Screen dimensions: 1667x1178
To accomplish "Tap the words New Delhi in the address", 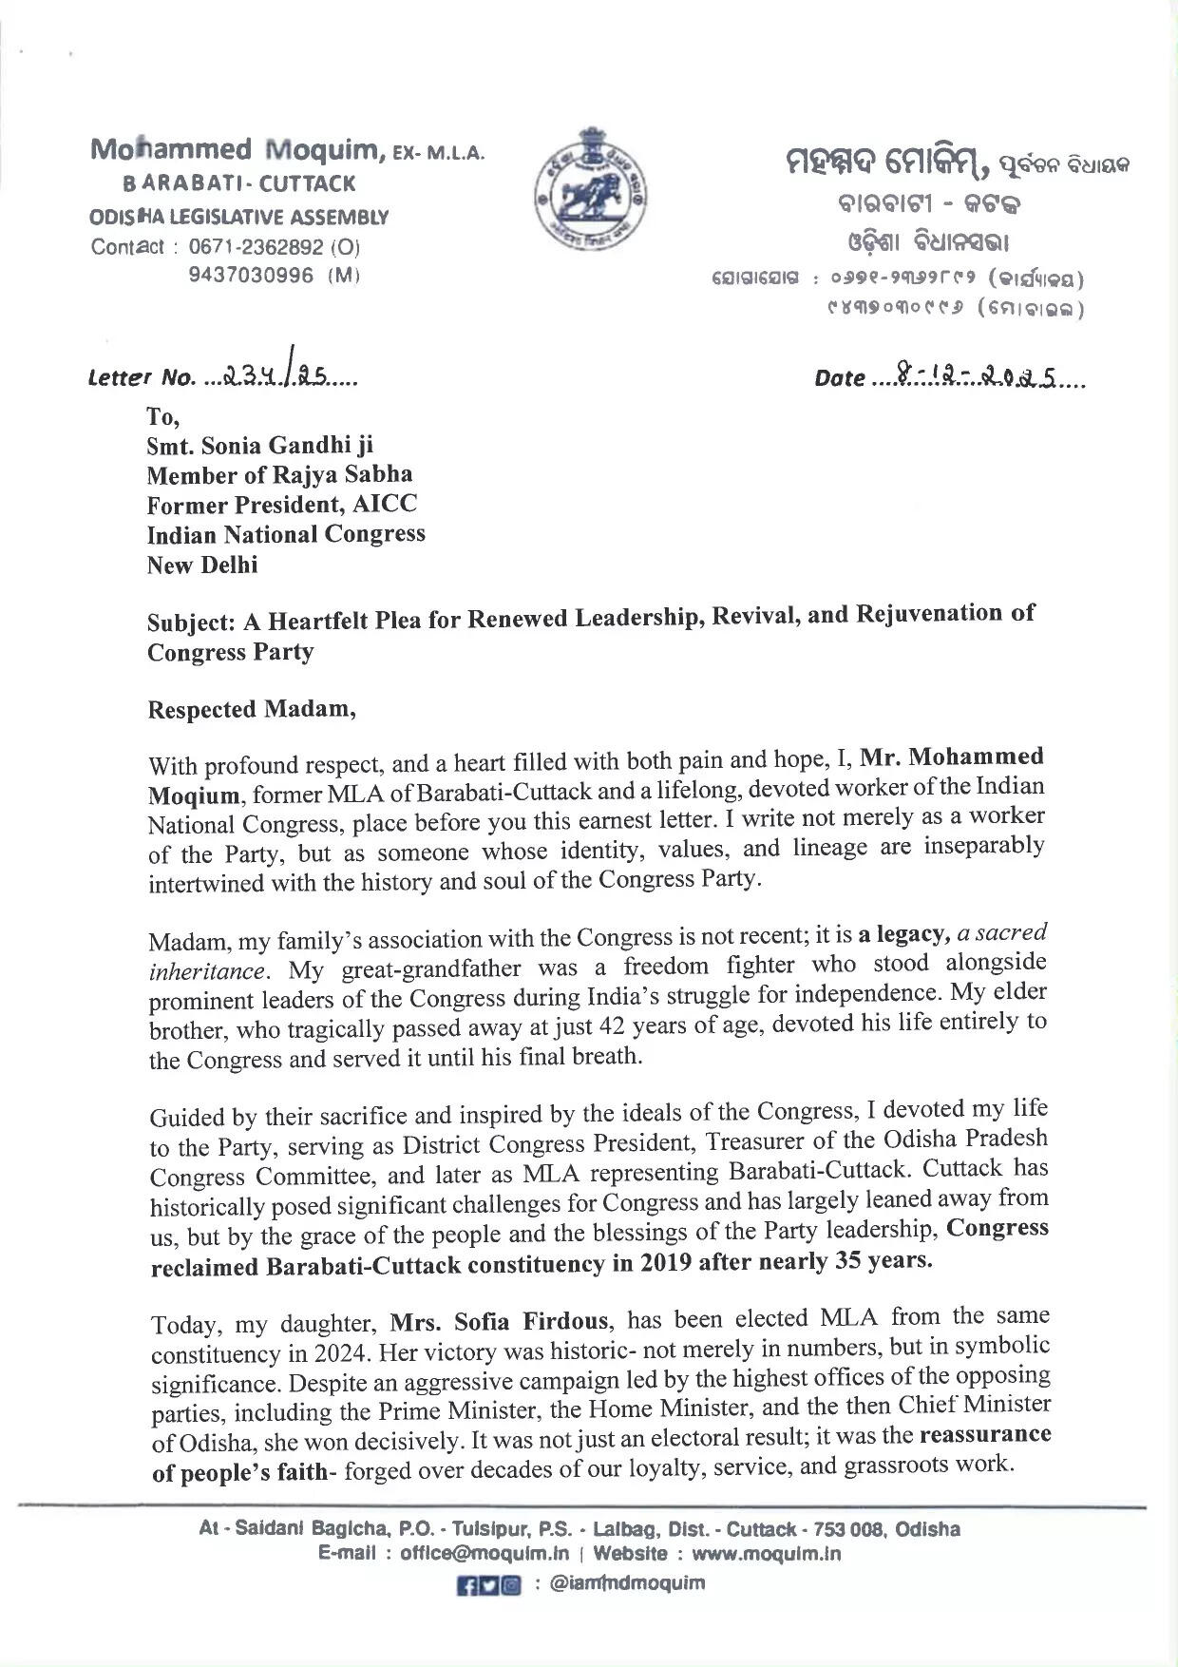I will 202,565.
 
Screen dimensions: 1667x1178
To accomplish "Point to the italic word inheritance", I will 207,971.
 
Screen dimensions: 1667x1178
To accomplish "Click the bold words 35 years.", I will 883,1261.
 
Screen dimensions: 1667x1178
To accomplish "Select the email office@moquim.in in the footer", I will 484,1555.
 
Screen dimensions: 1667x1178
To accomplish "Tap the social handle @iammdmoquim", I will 627,1583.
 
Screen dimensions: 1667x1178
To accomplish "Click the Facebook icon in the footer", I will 466,1585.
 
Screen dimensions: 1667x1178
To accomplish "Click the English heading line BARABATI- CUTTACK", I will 239,183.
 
